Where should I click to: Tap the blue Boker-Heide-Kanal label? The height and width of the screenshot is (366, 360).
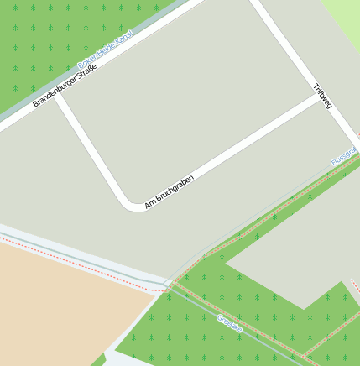coord(105,50)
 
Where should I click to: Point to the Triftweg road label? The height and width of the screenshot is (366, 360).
coord(322,96)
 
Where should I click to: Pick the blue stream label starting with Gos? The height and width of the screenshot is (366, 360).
coord(229,324)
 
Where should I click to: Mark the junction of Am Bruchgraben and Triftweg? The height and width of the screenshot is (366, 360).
coord(320,99)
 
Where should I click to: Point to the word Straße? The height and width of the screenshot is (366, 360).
coord(86,71)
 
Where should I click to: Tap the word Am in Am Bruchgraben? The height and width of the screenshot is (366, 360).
coord(149,204)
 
